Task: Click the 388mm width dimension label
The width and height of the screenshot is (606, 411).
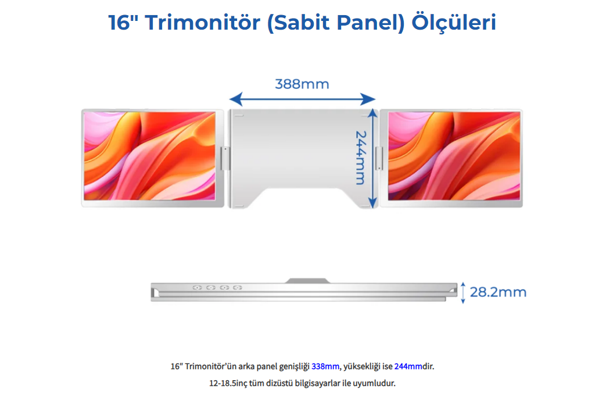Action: (x=302, y=84)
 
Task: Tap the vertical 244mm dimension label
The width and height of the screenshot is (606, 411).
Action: (x=360, y=158)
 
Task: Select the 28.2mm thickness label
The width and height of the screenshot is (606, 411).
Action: (x=498, y=292)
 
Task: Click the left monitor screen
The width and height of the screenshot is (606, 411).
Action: (x=150, y=156)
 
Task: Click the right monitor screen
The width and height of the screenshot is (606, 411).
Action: (x=454, y=156)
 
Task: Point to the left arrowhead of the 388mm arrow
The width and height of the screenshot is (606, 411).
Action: (x=235, y=99)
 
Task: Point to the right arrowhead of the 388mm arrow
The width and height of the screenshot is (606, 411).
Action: (x=368, y=99)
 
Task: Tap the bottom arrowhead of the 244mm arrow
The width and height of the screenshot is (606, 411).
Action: (x=372, y=203)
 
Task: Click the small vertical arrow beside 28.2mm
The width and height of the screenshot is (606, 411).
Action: (x=463, y=292)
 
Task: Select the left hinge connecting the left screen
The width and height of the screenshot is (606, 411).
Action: (x=225, y=158)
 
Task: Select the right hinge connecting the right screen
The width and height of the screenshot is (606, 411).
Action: (x=379, y=158)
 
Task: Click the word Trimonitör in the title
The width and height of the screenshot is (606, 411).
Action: (x=203, y=22)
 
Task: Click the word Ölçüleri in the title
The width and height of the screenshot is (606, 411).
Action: (x=454, y=23)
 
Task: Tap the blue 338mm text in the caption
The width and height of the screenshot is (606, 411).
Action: (x=325, y=366)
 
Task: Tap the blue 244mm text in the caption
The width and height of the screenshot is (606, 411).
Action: (x=408, y=366)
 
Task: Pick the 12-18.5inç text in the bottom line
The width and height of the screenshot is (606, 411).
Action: (x=228, y=383)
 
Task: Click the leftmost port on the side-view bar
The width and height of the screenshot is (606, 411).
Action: (x=197, y=287)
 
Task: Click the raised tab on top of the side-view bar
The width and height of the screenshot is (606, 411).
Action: (x=307, y=280)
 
